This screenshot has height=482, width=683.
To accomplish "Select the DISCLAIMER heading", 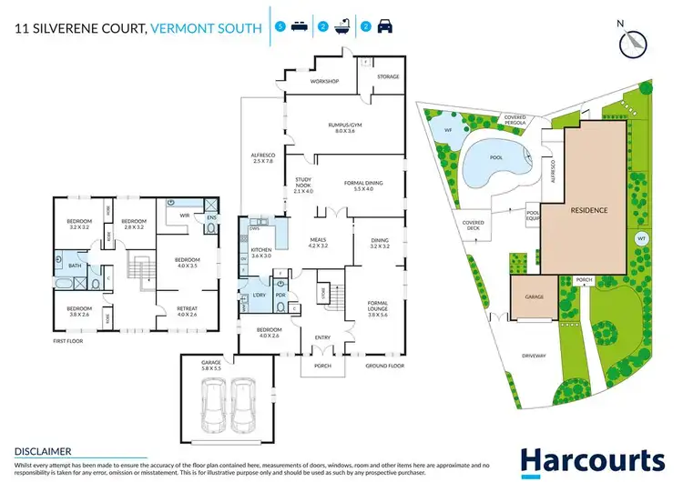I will [45, 450].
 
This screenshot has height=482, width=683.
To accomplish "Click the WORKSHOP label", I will [324, 82].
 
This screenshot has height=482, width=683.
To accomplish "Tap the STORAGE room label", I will [388, 77].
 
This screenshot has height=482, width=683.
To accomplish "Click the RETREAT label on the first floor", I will [188, 310].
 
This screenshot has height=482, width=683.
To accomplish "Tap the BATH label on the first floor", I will [74, 266].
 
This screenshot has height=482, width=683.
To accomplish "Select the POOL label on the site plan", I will [495, 156].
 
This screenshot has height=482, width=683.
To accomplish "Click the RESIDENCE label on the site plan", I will [589, 209].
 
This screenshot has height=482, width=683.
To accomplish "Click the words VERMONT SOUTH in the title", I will [209, 28].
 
